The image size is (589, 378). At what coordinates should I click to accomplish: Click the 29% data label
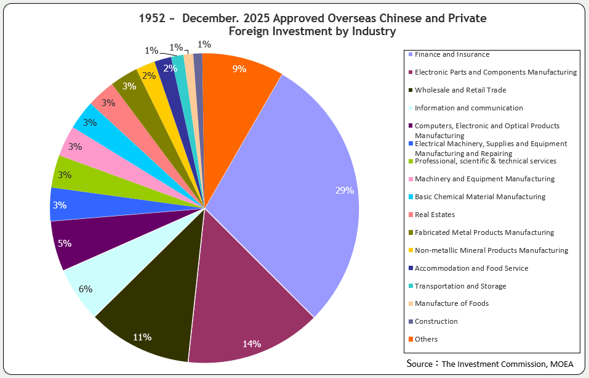tap(344, 191)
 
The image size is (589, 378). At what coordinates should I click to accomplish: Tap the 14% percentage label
tap(251, 343)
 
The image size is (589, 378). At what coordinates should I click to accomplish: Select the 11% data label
tap(142, 337)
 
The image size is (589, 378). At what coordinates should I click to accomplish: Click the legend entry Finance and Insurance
tap(452, 54)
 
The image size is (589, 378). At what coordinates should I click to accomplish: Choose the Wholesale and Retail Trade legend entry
tap(460, 90)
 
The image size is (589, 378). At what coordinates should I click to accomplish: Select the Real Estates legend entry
tap(435, 215)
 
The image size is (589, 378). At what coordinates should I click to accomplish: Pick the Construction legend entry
tap(436, 321)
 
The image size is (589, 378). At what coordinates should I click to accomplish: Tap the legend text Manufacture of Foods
tap(452, 303)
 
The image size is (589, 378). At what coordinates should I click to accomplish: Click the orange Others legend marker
tap(411, 339)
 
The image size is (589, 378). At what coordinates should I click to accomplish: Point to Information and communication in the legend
tap(468, 108)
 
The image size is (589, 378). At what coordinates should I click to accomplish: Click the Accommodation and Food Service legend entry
tap(471, 268)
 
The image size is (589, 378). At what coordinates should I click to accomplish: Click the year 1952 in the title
tap(153, 18)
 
